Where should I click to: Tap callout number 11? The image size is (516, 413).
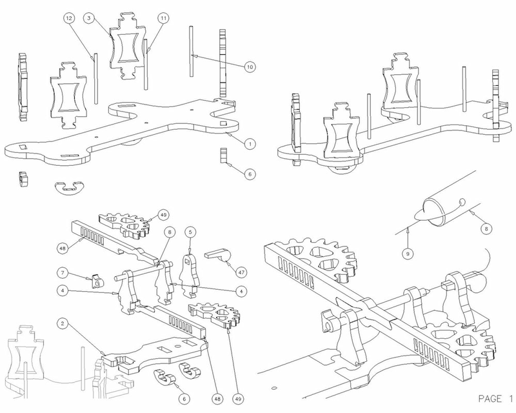click(163, 19)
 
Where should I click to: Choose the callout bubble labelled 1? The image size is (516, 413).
click(246, 144)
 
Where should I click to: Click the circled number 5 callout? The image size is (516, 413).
click(190, 232)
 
